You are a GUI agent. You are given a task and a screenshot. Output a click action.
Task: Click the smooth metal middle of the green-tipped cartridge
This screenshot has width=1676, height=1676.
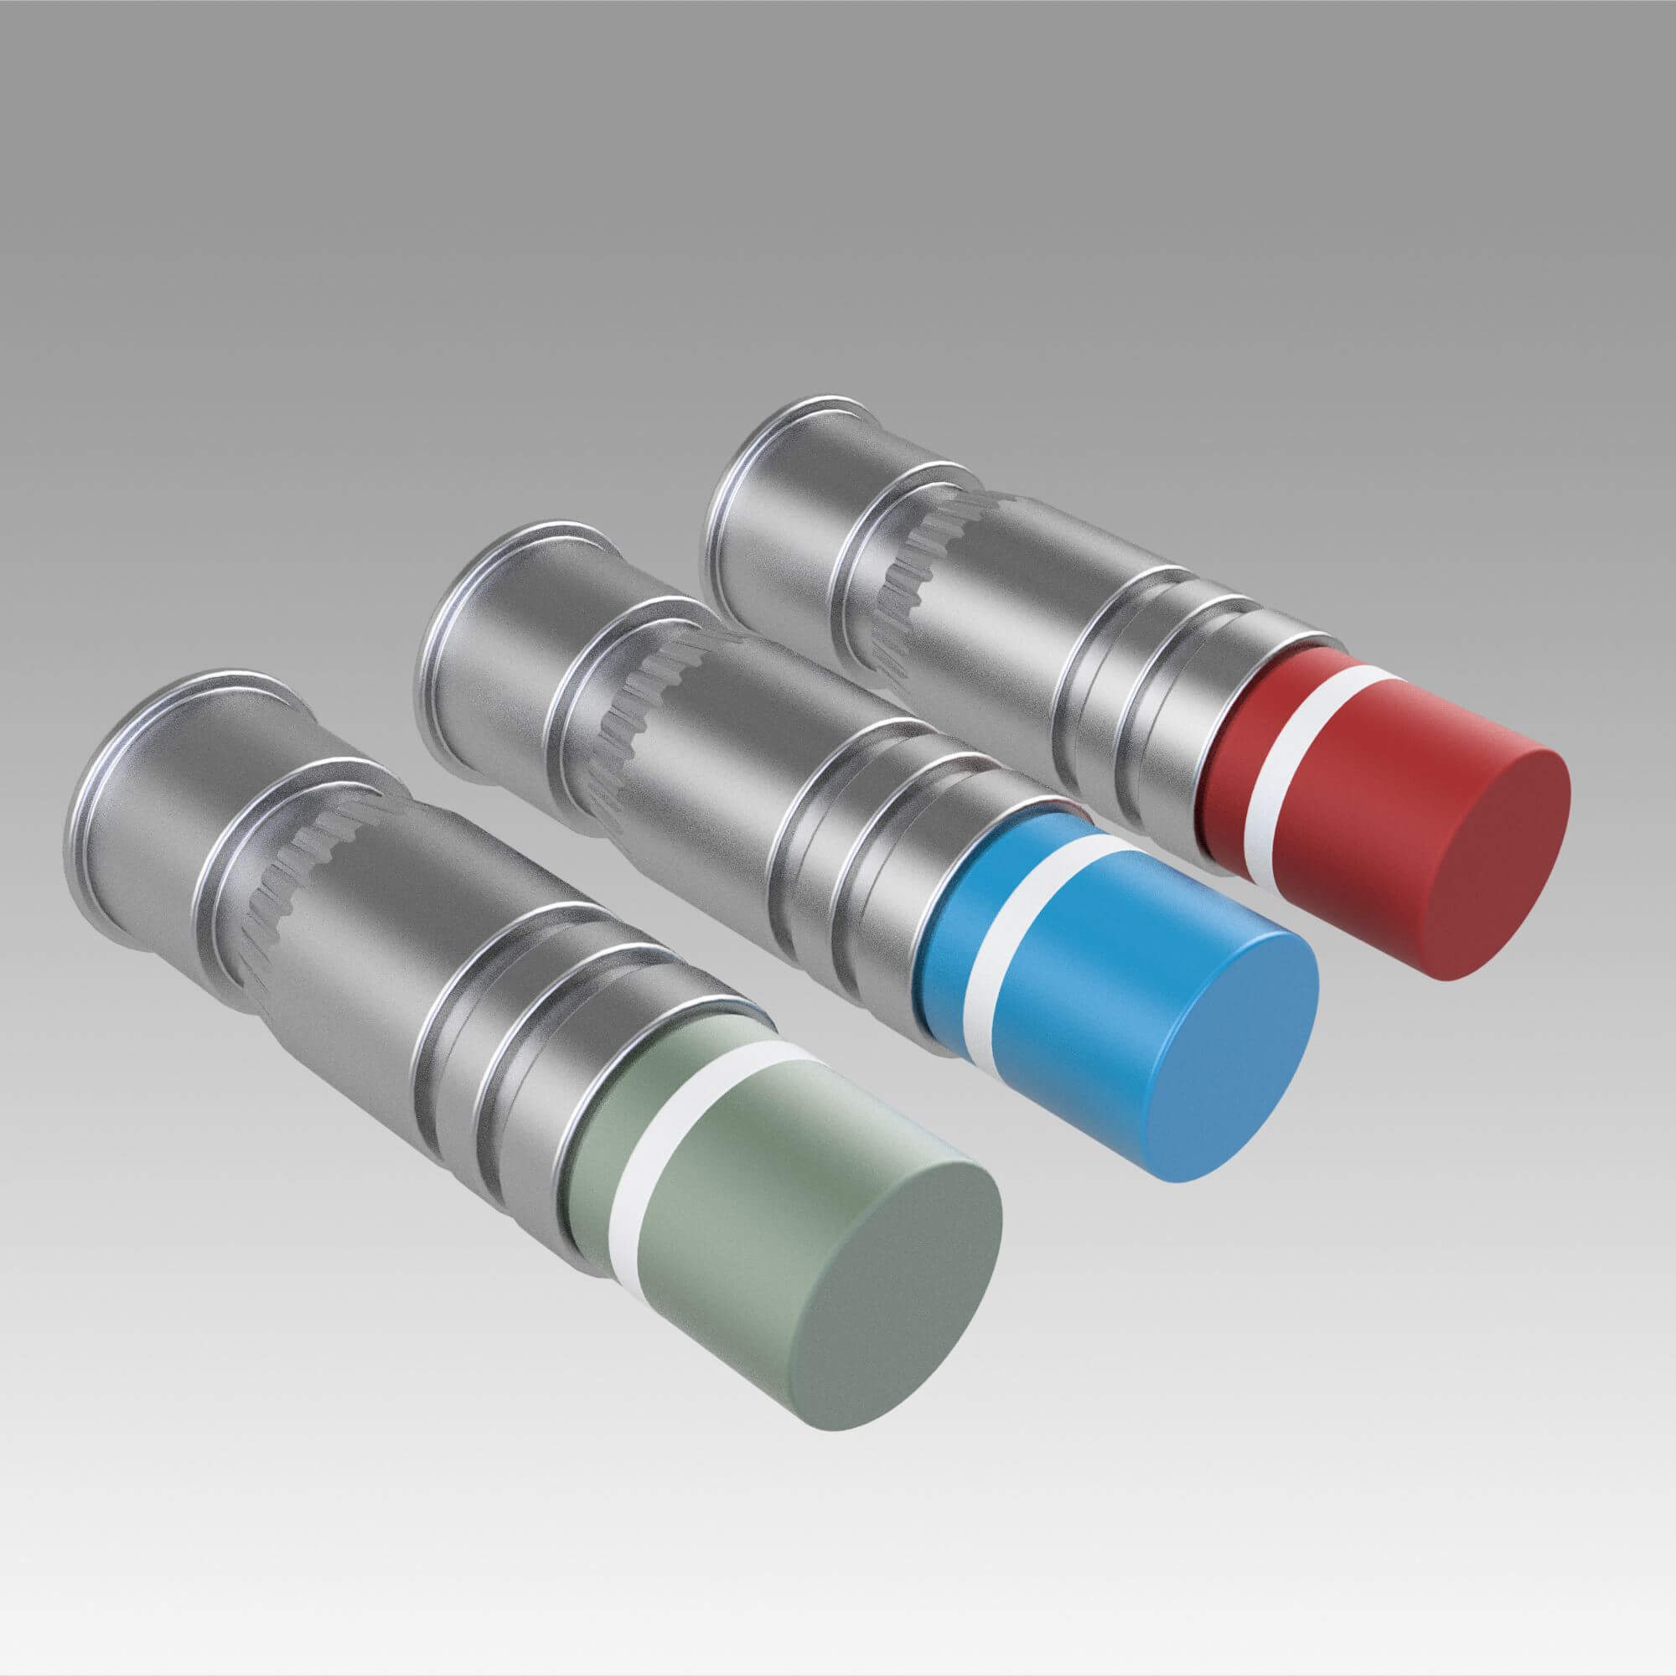pos(381,954)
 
